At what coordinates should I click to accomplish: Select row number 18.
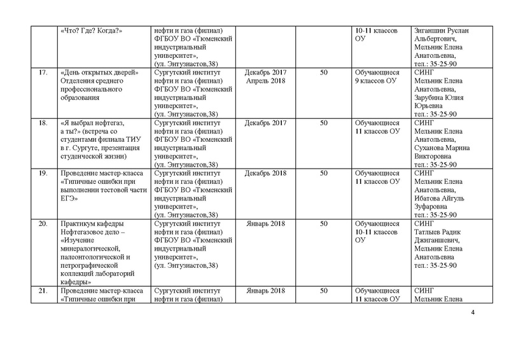43,121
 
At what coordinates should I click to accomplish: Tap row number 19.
43,172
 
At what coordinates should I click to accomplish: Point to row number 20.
43,223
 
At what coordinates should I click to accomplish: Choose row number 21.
43,291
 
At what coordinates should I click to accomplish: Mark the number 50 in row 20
324,223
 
